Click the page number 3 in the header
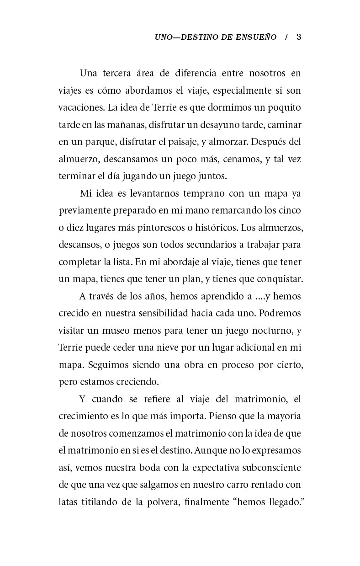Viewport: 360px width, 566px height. (x=299, y=37)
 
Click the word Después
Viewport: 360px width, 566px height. (x=267, y=142)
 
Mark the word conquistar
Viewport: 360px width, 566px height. (x=276, y=279)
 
